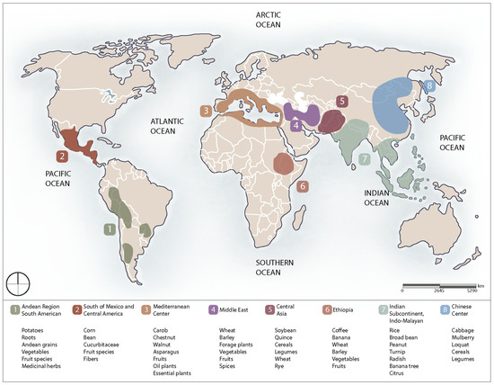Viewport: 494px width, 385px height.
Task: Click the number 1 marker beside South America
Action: click(109, 230)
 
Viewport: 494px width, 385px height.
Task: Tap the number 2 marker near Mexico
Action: click(61, 156)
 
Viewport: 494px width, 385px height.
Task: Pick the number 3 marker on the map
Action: click(206, 111)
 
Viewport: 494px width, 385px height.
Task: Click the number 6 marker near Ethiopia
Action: click(303, 186)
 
